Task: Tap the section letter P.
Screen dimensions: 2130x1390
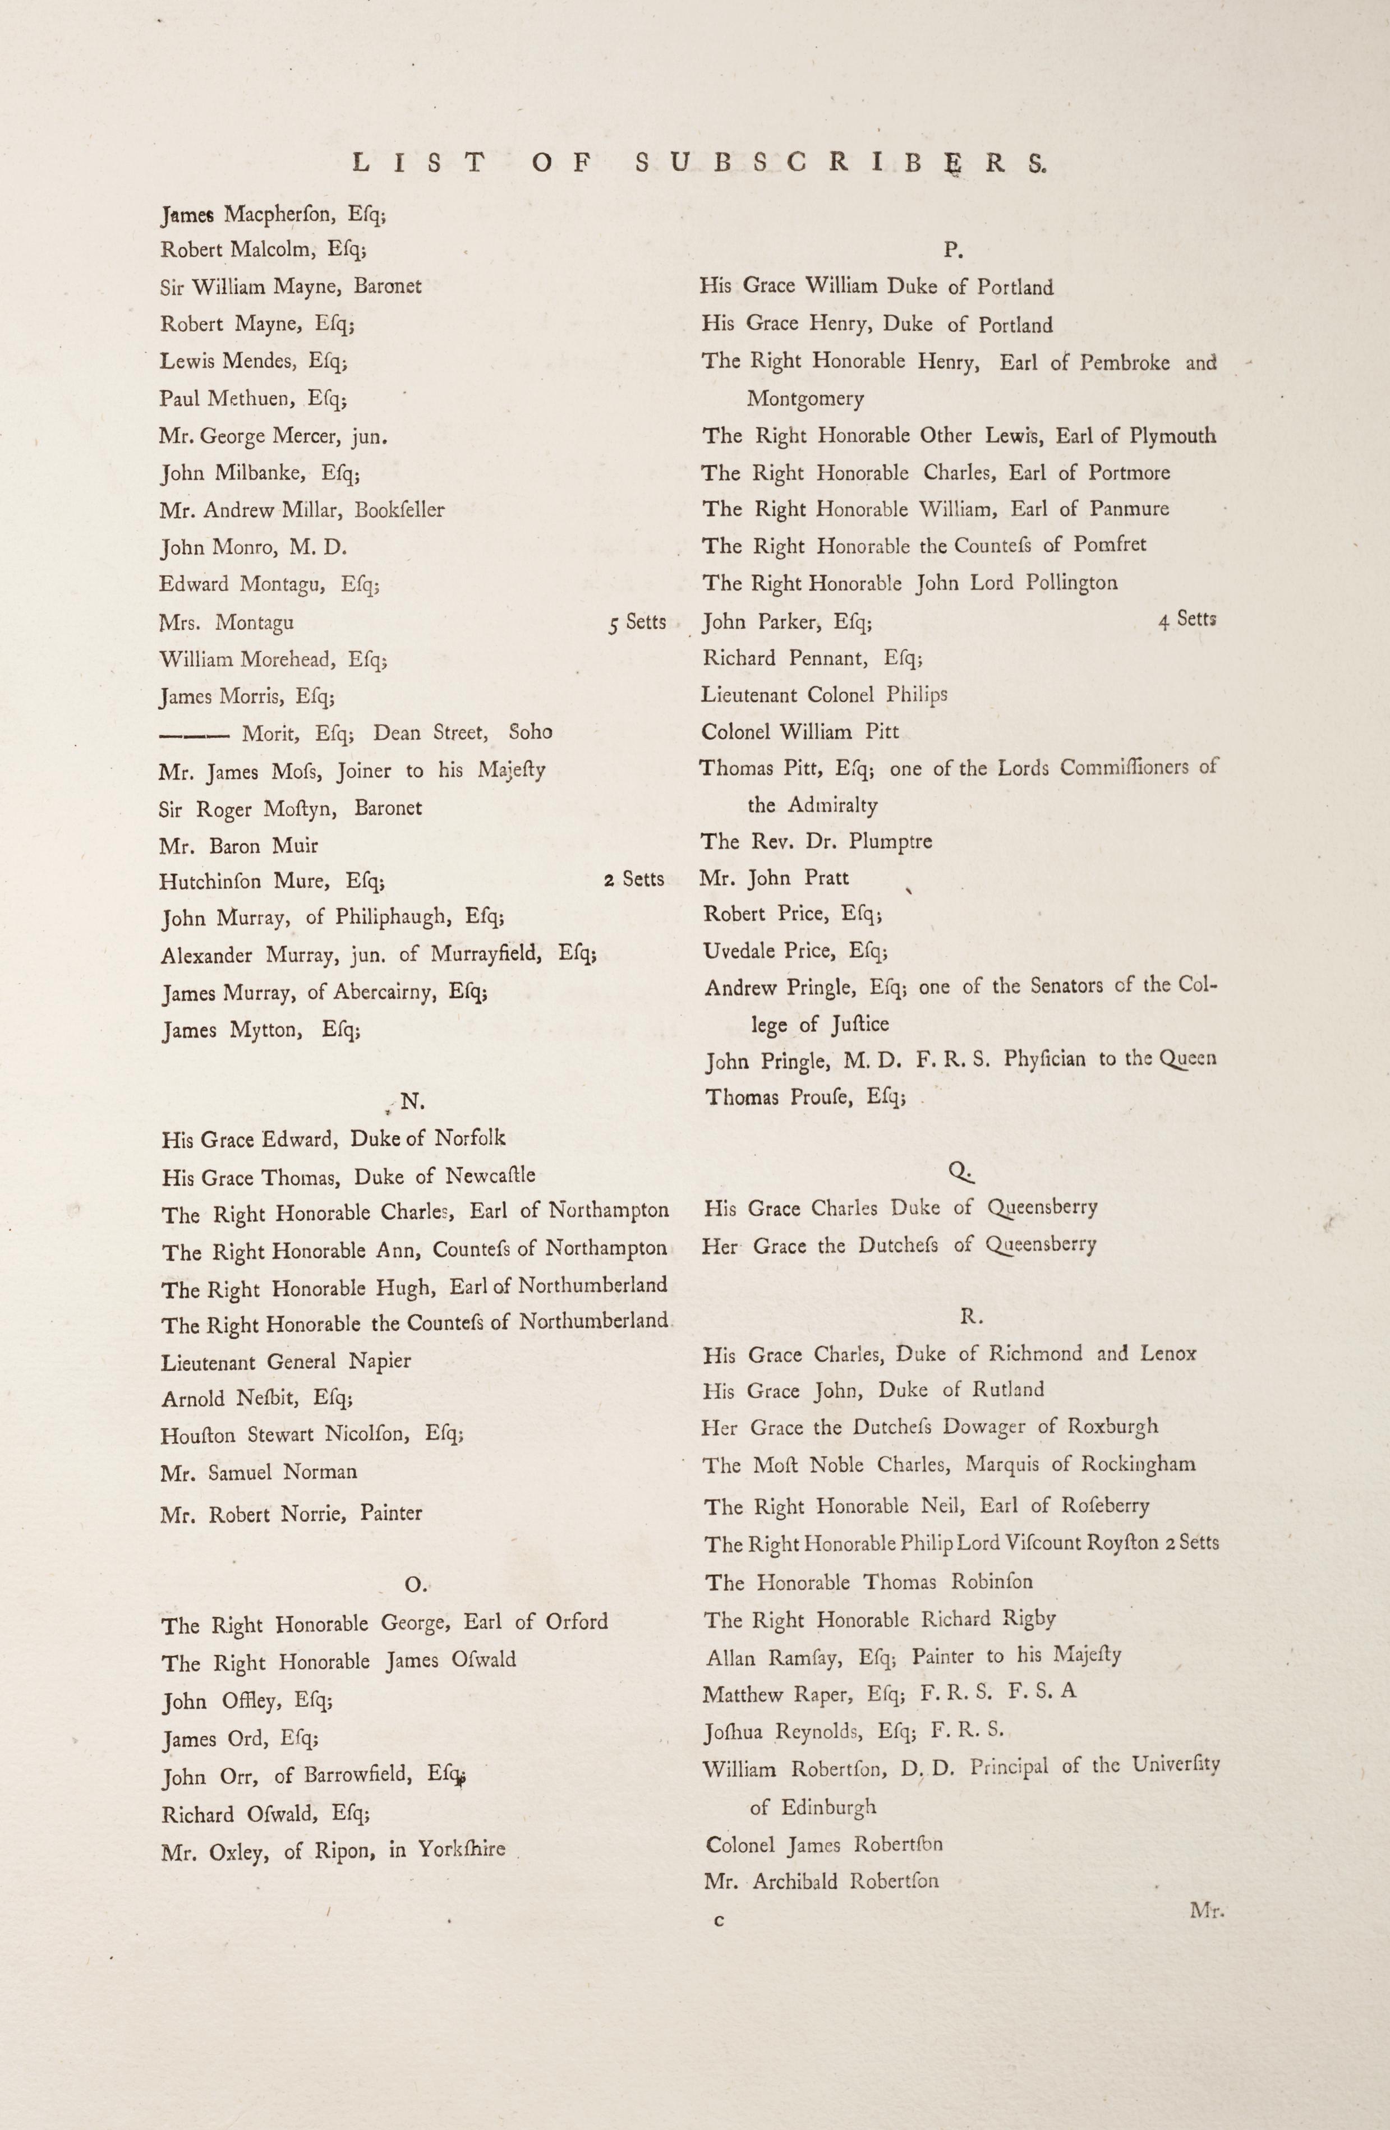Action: (x=953, y=251)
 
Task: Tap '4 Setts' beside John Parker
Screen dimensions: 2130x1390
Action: (x=1187, y=619)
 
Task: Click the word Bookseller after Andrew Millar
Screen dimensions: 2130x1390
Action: (x=399, y=510)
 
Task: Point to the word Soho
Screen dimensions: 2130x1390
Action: (x=530, y=732)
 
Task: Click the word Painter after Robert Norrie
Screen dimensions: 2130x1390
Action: (x=391, y=1513)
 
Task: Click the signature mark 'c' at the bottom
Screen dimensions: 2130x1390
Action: (x=718, y=1919)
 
